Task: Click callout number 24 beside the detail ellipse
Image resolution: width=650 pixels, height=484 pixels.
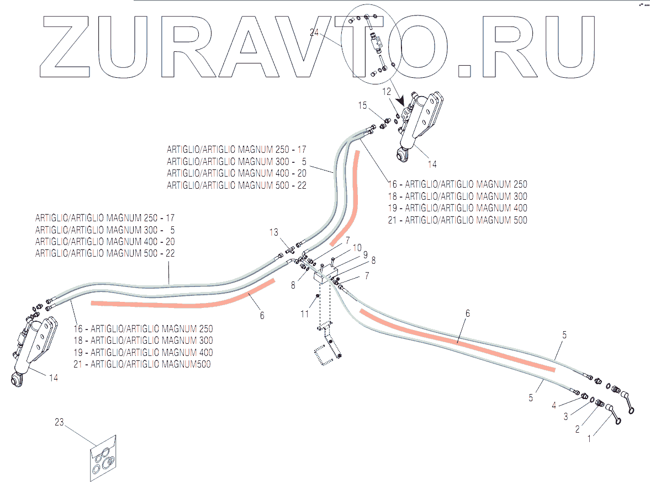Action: (x=314, y=34)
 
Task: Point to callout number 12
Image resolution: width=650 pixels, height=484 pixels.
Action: (x=386, y=91)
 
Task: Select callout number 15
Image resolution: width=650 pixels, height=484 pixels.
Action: (x=362, y=105)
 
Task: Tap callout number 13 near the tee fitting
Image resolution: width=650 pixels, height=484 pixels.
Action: (x=274, y=232)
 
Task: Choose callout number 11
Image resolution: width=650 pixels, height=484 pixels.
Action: (x=304, y=314)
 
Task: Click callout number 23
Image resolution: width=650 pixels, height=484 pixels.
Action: (x=60, y=423)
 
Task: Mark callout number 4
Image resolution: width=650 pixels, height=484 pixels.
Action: (x=554, y=405)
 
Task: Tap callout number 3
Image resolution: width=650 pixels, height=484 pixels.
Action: (x=566, y=417)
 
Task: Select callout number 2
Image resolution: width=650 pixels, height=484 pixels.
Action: (x=578, y=428)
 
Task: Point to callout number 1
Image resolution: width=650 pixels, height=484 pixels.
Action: (x=589, y=439)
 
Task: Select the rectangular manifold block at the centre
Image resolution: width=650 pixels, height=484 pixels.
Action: (x=325, y=275)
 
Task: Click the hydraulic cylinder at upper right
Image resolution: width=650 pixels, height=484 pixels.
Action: (x=420, y=124)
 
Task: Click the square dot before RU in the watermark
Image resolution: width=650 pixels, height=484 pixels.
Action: (x=465, y=70)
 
